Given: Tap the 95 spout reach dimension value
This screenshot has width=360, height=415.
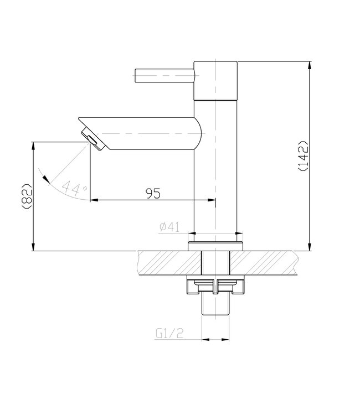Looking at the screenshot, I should [x=153, y=193].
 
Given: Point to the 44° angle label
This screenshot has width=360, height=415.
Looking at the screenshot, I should [x=75, y=188].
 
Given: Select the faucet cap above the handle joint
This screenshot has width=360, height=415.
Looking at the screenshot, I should [x=216, y=80].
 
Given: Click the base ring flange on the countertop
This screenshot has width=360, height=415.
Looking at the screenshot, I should [x=215, y=246].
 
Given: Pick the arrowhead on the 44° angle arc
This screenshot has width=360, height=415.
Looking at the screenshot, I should [x=47, y=178].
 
